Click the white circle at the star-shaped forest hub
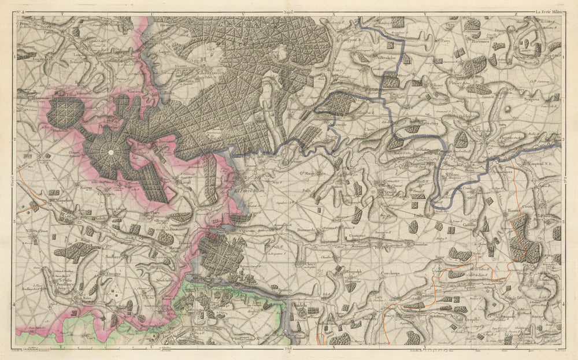tap(110, 152)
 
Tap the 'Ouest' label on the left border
tap(11, 180)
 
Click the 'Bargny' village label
tap(85, 188)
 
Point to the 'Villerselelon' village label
tap(387, 58)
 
